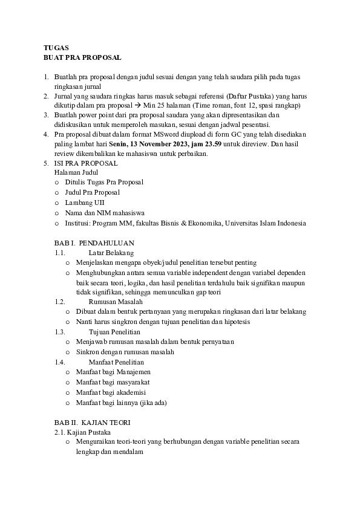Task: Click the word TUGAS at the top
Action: click(56, 47)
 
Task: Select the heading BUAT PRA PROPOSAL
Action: click(82, 57)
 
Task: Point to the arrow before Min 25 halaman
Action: click(137, 105)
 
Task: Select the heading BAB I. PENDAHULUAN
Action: click(94, 243)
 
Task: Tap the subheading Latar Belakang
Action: click(111, 253)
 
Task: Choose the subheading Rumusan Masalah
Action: click(116, 301)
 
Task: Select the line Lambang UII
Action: click(84, 202)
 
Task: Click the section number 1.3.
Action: click(59, 332)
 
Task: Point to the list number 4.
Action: click(45, 134)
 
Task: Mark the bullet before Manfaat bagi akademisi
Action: click(68, 392)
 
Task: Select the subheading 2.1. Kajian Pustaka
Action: click(82, 432)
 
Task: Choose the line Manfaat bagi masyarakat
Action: click(113, 382)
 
